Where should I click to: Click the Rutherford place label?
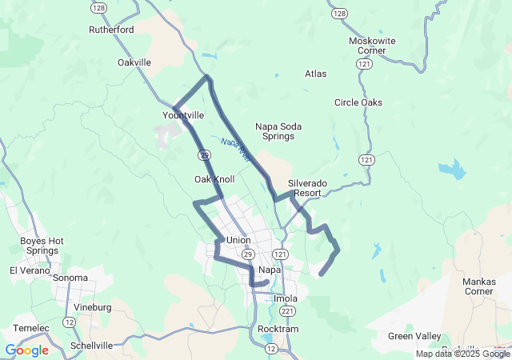(111, 30)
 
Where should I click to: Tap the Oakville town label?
(134, 62)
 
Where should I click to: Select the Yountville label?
(183, 115)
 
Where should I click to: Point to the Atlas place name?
(316, 74)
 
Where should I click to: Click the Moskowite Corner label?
(367, 46)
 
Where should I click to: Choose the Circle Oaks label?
(358, 102)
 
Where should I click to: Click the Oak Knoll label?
(214, 179)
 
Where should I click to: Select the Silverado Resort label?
(308, 188)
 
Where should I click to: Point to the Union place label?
(238, 240)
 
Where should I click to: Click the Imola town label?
(286, 299)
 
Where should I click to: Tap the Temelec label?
(31, 328)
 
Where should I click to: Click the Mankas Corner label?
(479, 286)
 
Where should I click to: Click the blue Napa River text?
(236, 149)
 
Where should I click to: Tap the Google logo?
(26, 350)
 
